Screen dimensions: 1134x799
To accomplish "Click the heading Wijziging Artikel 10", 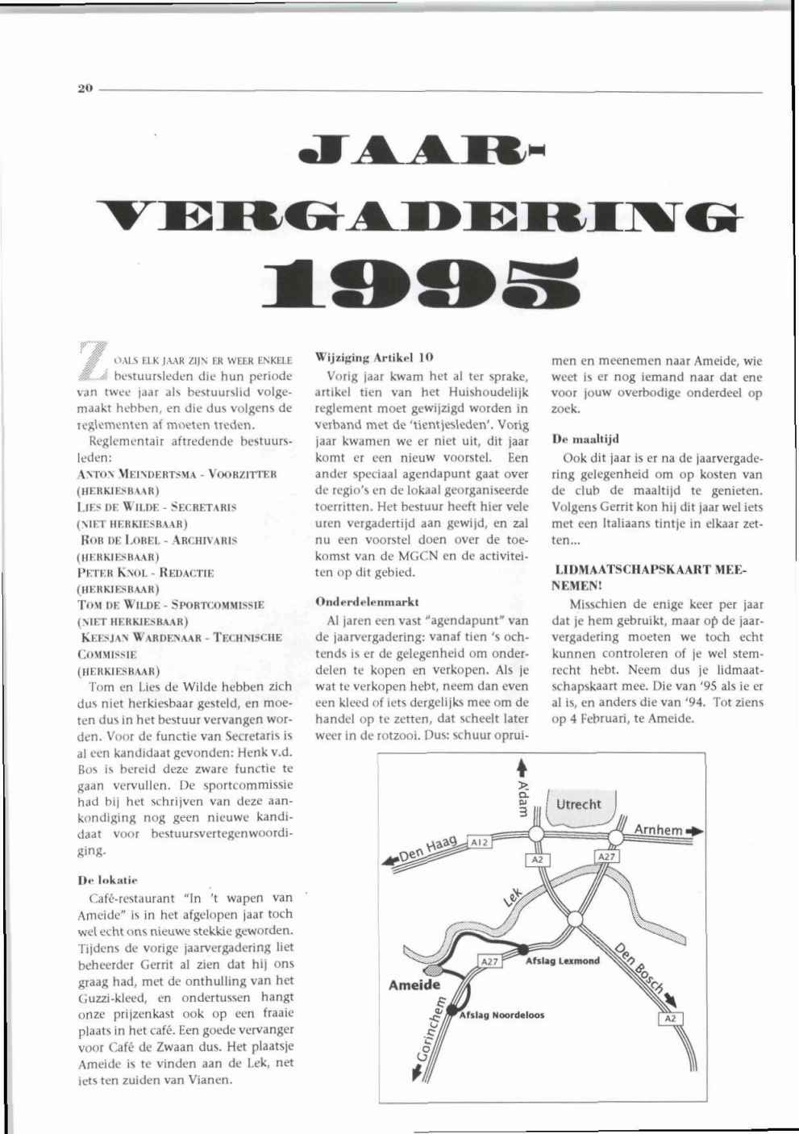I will pyautogui.click(x=374, y=356).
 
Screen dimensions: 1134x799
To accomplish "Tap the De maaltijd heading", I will pyautogui.click(x=585, y=440).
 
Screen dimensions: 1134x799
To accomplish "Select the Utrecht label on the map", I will pyautogui.click(x=578, y=804).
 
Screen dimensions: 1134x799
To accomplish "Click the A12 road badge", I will pyautogui.click(x=480, y=842).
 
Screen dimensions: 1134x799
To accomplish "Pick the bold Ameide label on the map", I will pyautogui.click(x=414, y=985).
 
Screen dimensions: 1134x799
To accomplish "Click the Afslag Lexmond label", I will pyautogui.click(x=562, y=961).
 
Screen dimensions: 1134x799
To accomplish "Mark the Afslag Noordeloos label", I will pyautogui.click(x=501, y=1015).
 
